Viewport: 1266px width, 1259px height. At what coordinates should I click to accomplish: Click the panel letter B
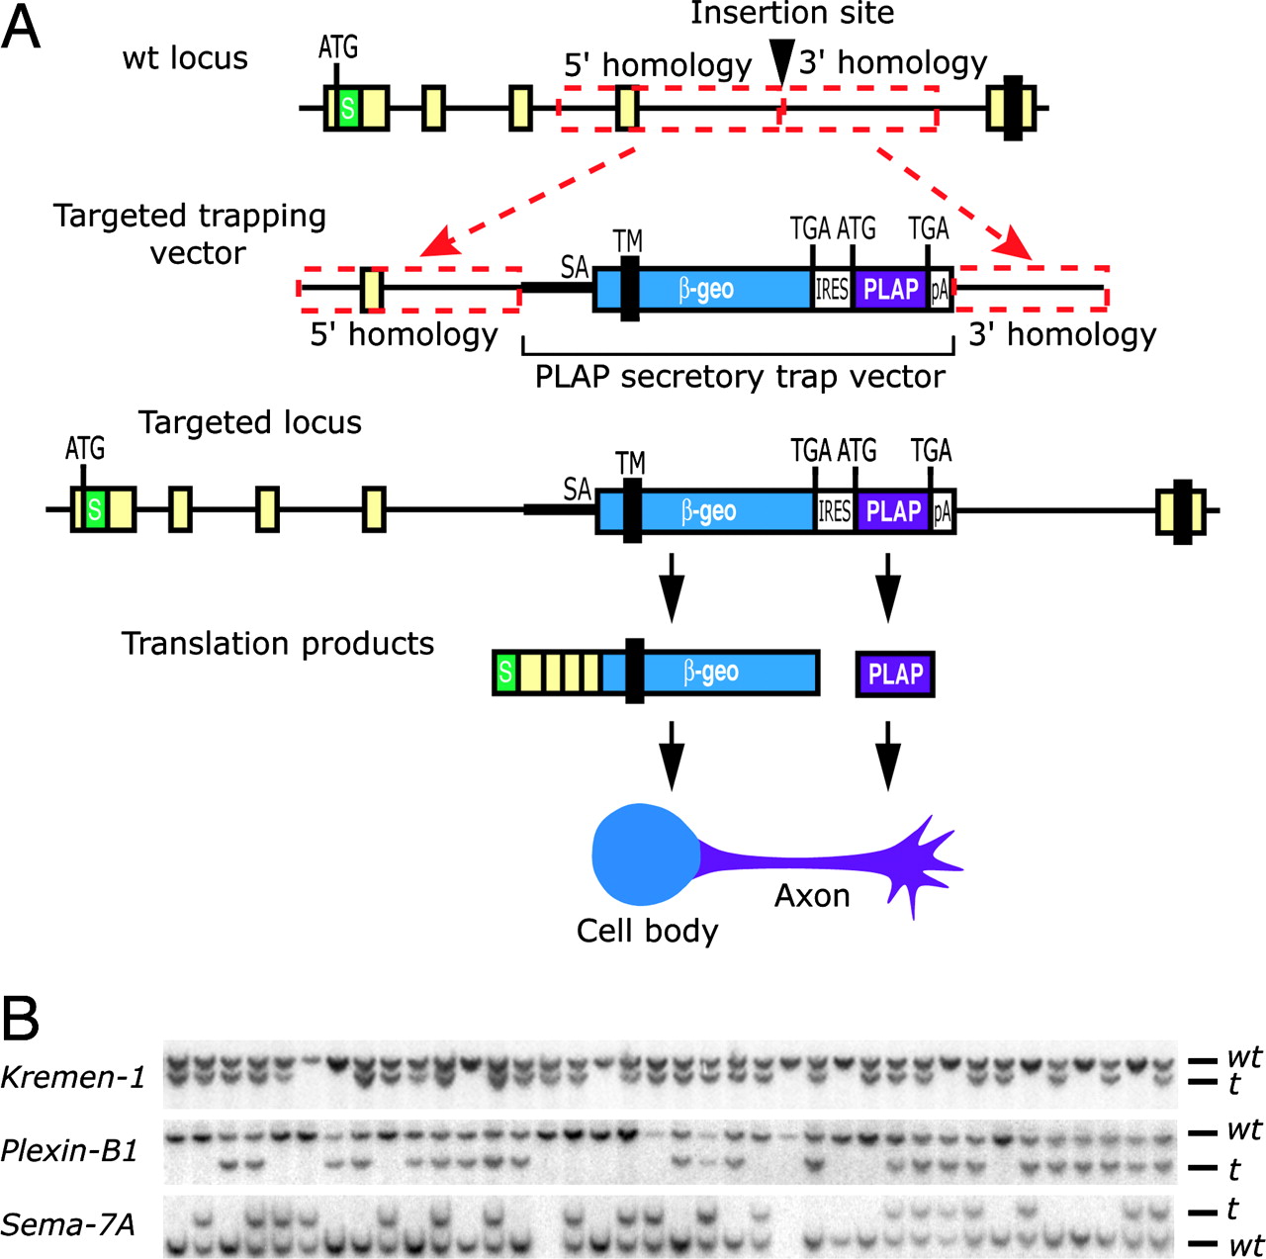[21, 1018]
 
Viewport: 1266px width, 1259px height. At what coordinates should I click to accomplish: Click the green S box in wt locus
[347, 108]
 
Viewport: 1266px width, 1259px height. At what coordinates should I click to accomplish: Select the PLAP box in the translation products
[895, 674]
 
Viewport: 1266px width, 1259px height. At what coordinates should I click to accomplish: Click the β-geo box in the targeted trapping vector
[706, 289]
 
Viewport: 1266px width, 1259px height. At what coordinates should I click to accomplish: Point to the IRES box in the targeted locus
[834, 511]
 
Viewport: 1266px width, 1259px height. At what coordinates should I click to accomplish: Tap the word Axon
[812, 895]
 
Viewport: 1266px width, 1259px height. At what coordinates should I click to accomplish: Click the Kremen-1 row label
[73, 1077]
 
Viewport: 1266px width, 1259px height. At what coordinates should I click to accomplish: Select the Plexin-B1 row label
[69, 1150]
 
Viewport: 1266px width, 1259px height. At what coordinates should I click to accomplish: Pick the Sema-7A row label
[67, 1224]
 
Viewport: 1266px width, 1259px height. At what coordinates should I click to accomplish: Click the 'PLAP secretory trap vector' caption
[740, 377]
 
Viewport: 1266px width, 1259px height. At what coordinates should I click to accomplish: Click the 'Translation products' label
[278, 644]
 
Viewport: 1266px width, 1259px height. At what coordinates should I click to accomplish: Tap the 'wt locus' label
[185, 58]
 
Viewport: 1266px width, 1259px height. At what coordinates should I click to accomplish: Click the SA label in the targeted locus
[577, 489]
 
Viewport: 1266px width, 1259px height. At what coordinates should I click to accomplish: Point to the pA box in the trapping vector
[940, 290]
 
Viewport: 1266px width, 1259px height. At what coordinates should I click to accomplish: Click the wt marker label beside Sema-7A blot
[1245, 1244]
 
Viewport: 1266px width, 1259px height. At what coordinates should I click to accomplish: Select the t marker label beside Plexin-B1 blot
[1233, 1170]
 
